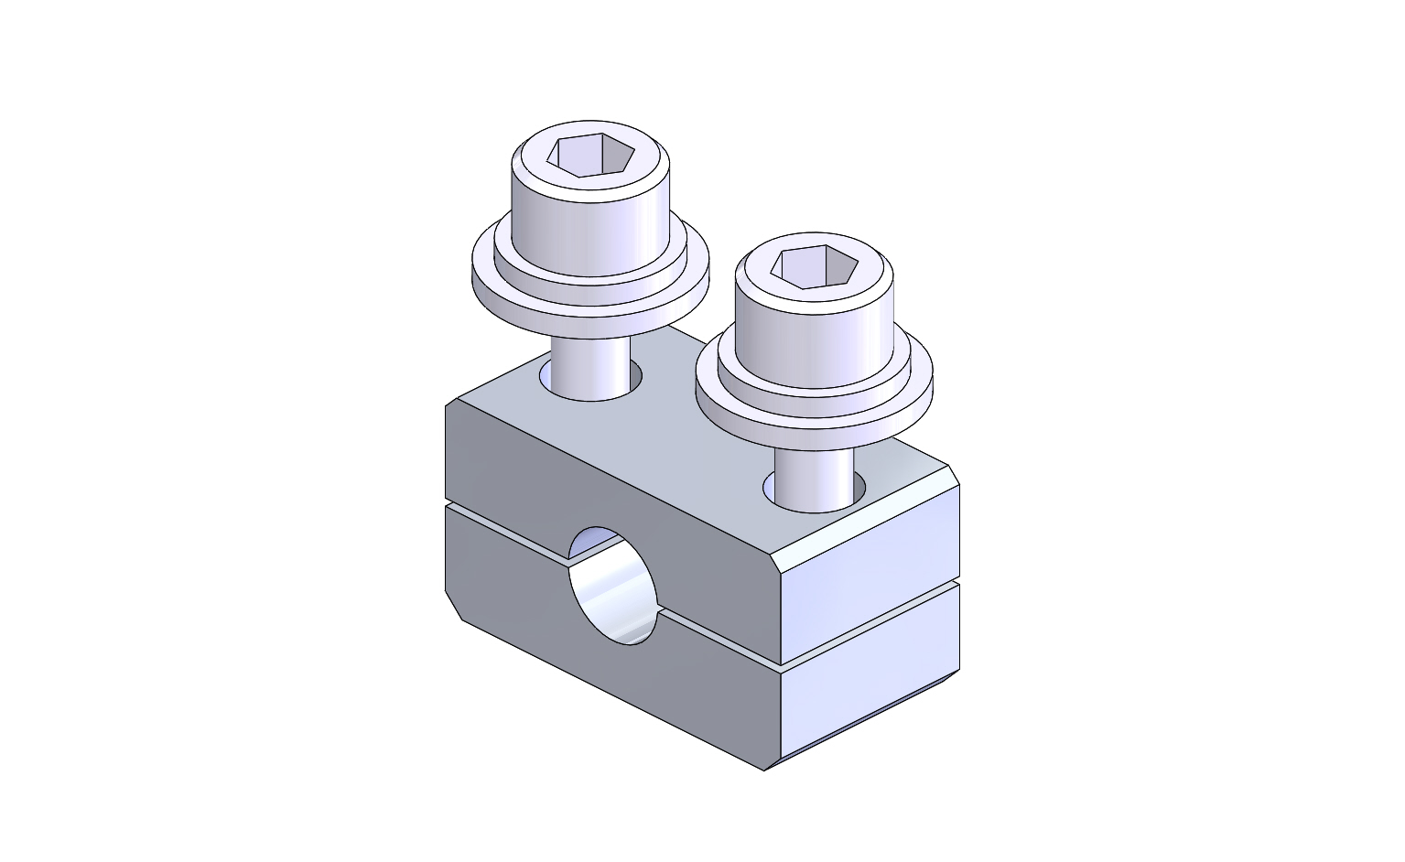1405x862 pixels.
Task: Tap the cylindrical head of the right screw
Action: (x=814, y=334)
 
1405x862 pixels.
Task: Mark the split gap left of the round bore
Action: (x=508, y=531)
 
